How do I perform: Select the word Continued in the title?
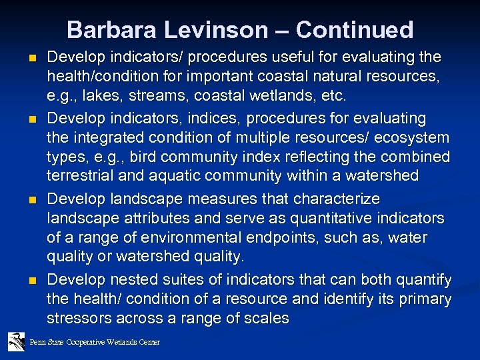point(355,30)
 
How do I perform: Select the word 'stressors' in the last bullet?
point(76,318)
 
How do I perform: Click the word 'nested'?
point(123,279)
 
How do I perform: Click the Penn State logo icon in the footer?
point(16,342)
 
